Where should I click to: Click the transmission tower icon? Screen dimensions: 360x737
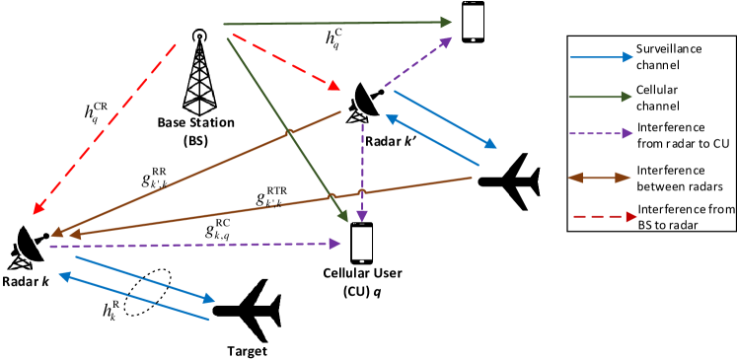point(198,73)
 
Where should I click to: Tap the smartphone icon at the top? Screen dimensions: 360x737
point(473,22)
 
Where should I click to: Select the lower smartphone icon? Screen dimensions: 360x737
point(361,243)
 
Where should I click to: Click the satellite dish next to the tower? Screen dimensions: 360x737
point(362,102)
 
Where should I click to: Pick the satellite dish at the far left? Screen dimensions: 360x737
point(26,247)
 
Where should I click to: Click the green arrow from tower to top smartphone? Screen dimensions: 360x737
point(335,22)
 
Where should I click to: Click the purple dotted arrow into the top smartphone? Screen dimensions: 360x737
point(418,60)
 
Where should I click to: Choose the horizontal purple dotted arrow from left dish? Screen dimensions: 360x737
point(197,245)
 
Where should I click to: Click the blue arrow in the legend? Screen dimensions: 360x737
point(601,57)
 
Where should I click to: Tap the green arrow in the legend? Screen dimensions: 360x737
point(601,97)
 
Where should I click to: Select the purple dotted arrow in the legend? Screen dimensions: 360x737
point(601,133)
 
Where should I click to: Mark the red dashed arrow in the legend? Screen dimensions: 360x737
point(604,216)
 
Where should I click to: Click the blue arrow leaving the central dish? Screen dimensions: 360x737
point(444,119)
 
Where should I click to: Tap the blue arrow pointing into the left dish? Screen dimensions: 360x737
point(133,297)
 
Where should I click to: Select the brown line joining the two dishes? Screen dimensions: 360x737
point(197,174)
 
